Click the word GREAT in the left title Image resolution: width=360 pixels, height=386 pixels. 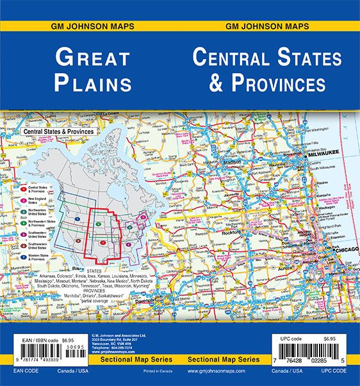[94, 57]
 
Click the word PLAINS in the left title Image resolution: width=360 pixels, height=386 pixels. [94, 83]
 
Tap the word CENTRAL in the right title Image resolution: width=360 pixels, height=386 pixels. [239, 58]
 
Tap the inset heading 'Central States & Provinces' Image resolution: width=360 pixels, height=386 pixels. [58, 131]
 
